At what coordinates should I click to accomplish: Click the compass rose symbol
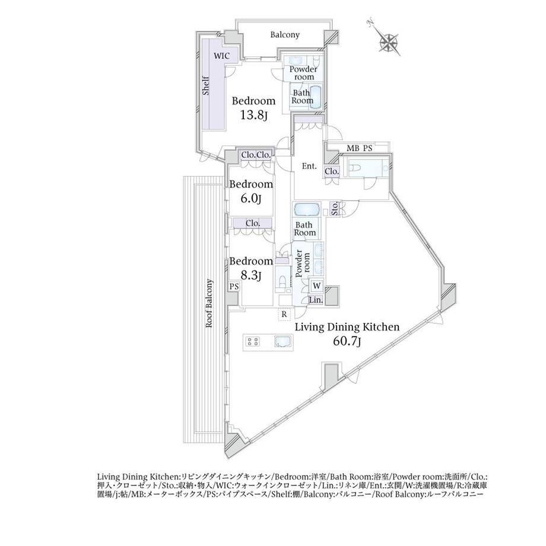click(389, 42)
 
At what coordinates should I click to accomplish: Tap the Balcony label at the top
click(285, 35)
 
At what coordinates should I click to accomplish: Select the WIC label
click(222, 56)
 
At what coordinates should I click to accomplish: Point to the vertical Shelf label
click(206, 85)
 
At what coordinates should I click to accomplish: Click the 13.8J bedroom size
click(253, 115)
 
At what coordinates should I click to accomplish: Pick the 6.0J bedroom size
click(250, 198)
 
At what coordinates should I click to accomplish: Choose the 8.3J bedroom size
click(250, 276)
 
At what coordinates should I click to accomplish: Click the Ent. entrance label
click(309, 166)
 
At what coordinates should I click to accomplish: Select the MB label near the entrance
click(353, 148)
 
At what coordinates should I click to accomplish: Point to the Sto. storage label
click(335, 209)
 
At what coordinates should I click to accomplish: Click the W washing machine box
click(317, 286)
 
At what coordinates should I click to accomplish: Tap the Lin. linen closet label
click(316, 300)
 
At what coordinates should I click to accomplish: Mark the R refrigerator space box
click(284, 315)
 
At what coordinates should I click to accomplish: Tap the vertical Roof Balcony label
click(209, 303)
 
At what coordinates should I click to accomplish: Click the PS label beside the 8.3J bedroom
click(234, 287)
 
